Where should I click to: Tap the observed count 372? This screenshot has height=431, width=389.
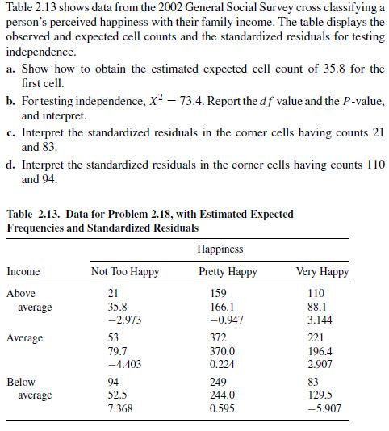click(x=217, y=337)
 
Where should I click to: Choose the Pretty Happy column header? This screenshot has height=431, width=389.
click(x=228, y=272)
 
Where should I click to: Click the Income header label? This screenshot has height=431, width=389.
click(x=23, y=272)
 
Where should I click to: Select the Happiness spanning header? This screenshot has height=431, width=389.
click(x=220, y=250)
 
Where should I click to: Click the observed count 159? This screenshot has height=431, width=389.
click(x=217, y=294)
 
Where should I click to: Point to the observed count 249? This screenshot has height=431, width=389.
click(x=217, y=382)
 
